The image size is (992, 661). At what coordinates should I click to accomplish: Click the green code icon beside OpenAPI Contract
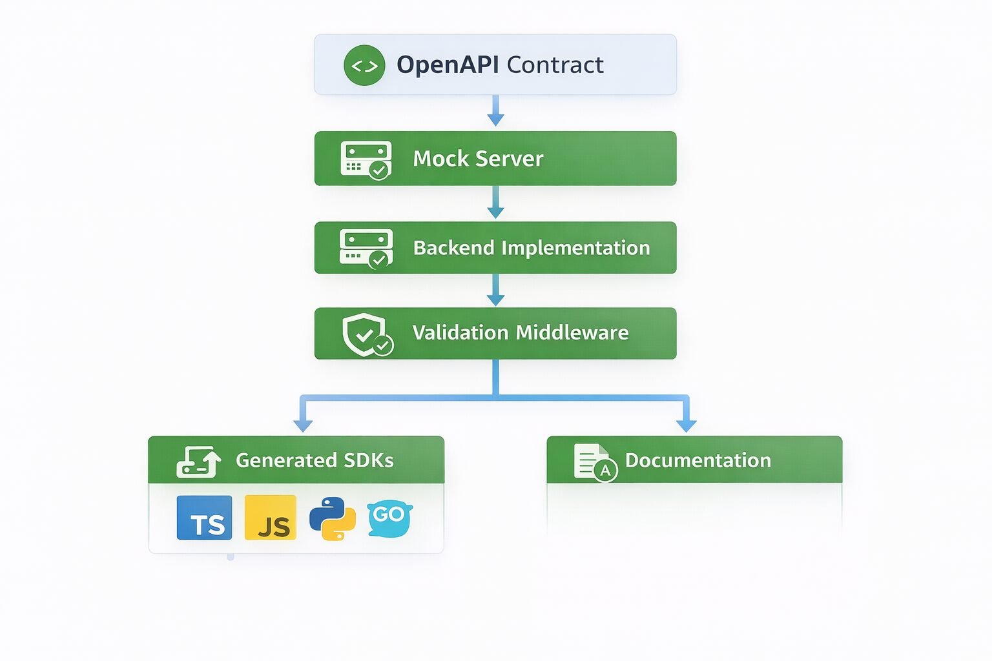(x=364, y=65)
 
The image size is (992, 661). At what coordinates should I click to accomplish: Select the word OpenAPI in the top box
(x=448, y=65)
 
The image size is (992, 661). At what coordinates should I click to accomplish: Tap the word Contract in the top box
(x=555, y=65)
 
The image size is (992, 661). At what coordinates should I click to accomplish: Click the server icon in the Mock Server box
(x=366, y=159)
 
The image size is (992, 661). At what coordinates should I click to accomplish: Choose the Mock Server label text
(x=478, y=159)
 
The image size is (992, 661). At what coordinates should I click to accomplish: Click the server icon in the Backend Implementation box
(x=366, y=248)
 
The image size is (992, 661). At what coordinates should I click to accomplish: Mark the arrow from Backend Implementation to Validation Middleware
(x=495, y=291)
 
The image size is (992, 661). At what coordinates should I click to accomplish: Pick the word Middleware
(x=572, y=332)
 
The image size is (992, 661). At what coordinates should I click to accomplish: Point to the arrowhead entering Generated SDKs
(x=303, y=424)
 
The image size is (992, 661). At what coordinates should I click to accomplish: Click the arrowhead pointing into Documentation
(x=686, y=424)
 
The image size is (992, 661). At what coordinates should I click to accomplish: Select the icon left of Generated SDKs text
(x=198, y=462)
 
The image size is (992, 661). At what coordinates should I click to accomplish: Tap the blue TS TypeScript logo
(x=204, y=518)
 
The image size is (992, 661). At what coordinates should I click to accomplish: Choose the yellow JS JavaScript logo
(x=271, y=518)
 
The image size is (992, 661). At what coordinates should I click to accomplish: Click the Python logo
(x=333, y=518)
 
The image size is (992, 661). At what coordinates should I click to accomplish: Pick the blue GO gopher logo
(x=389, y=518)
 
